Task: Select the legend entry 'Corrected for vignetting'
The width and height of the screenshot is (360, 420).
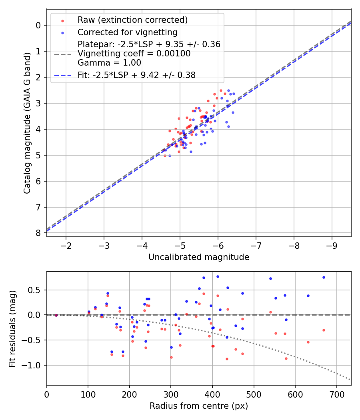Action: point(128,32)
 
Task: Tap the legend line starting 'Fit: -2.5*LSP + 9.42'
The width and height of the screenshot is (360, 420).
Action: point(136,75)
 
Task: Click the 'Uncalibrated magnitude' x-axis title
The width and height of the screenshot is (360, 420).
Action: point(199,257)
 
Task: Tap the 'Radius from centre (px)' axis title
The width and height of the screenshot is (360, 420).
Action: point(199,406)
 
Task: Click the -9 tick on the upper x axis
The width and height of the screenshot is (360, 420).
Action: point(332,245)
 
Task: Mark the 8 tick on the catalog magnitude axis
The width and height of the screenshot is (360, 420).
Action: point(38,233)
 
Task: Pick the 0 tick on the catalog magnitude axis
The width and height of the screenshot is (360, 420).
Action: point(38,25)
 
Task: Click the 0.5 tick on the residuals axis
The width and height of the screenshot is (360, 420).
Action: point(36,290)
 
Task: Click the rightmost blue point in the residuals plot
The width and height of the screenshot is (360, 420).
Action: point(324,277)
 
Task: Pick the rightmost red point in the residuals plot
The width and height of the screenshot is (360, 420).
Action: point(324,330)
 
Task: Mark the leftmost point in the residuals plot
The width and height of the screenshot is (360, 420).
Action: point(56,315)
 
